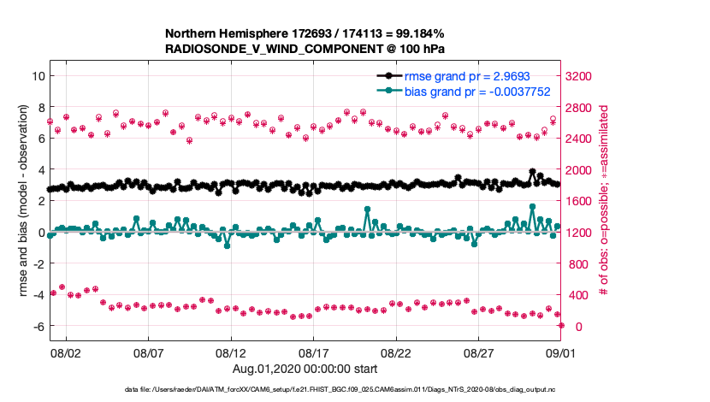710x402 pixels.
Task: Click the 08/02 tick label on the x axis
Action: click(66, 352)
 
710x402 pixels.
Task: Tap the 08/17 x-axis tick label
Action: click(314, 352)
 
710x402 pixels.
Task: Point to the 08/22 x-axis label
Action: click(397, 352)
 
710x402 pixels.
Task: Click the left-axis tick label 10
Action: click(38, 75)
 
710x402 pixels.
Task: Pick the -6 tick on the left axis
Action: click(38, 327)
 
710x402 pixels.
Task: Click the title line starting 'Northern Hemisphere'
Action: click(303, 33)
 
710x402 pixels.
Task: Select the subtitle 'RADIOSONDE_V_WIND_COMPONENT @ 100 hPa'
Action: click(303, 49)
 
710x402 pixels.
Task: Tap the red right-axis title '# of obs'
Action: click(603, 201)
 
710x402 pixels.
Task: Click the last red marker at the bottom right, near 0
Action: click(561, 325)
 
